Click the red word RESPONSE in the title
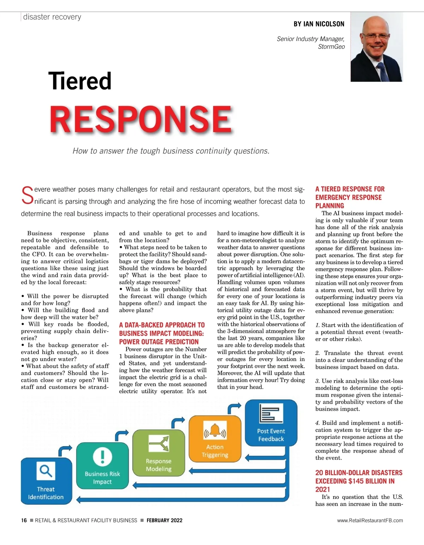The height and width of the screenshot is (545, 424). coord(141,119)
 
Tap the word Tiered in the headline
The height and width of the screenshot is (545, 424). coord(80,81)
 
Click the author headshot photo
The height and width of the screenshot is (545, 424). coord(377,47)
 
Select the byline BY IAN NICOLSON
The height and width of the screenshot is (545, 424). coord(319,24)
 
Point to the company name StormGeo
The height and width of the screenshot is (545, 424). coord(331,47)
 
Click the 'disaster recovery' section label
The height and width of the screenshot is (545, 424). coord(52,17)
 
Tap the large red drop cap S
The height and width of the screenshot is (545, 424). coord(27,196)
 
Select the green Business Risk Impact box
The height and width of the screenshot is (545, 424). coord(102,466)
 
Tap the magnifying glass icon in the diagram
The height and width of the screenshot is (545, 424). coord(46,471)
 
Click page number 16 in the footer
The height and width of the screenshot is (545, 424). coord(24,520)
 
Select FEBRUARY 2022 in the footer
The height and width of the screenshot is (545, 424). coord(164,520)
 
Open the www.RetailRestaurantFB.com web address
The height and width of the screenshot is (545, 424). coord(370,520)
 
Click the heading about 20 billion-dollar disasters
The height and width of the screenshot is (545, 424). coord(359,481)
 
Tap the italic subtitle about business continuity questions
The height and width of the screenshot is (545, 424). coord(171,151)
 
